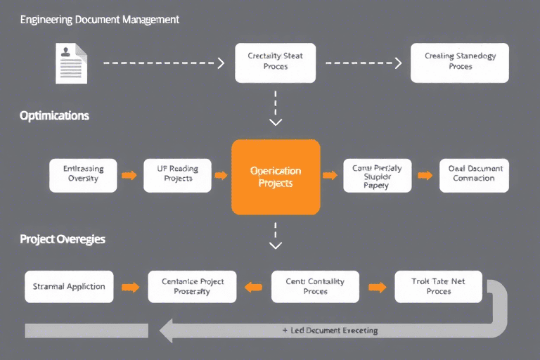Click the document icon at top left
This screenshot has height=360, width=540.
click(71, 63)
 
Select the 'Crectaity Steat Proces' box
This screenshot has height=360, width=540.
click(275, 62)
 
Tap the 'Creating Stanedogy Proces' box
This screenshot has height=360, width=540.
click(460, 62)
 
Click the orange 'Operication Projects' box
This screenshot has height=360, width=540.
click(276, 176)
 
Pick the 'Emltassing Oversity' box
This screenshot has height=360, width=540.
click(83, 175)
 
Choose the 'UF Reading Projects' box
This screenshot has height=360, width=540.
click(177, 175)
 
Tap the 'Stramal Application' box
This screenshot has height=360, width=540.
click(69, 286)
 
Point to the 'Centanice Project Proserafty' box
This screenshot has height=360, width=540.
click(192, 286)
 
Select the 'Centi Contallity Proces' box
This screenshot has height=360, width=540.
click(315, 286)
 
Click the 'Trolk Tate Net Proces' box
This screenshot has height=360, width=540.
click(438, 286)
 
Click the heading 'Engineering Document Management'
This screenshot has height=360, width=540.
click(99, 20)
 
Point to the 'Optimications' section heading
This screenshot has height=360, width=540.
click(54, 115)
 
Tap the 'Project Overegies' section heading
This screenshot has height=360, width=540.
click(63, 239)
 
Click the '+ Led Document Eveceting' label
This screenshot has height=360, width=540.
click(330, 330)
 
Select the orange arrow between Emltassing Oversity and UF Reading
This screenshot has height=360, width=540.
click(129, 175)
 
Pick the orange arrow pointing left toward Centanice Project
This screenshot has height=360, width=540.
click(253, 287)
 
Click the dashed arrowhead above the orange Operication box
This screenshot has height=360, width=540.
click(276, 122)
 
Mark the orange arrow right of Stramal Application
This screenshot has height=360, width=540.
click(130, 287)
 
